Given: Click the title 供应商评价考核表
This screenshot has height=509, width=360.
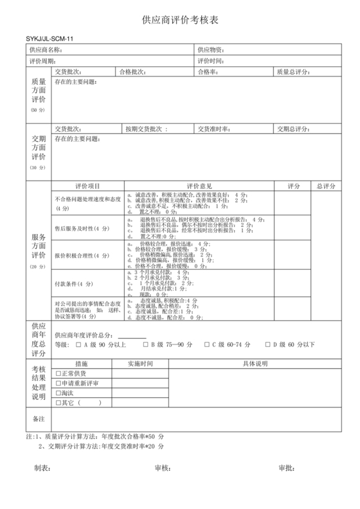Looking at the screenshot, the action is point(180,21).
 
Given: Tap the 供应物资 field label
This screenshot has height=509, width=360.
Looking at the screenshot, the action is point(210,49).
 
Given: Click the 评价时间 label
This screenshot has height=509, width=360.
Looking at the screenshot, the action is point(210,60).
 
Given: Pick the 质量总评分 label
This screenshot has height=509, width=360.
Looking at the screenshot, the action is point(293,71).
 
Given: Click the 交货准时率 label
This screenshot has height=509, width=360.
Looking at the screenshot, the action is point(214,129).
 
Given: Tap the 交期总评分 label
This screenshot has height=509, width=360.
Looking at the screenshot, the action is point(293,129).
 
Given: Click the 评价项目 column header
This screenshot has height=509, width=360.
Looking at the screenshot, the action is point(87,186).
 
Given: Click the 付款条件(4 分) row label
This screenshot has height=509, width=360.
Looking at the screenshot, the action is point(75,283).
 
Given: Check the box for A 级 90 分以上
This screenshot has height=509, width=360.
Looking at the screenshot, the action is point(78,344).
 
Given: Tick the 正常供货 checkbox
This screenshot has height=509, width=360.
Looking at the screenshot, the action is point(59,373).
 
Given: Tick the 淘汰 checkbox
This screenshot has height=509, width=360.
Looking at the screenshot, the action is point(59,393).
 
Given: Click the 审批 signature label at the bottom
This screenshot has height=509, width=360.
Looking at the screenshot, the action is point(285,468).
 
